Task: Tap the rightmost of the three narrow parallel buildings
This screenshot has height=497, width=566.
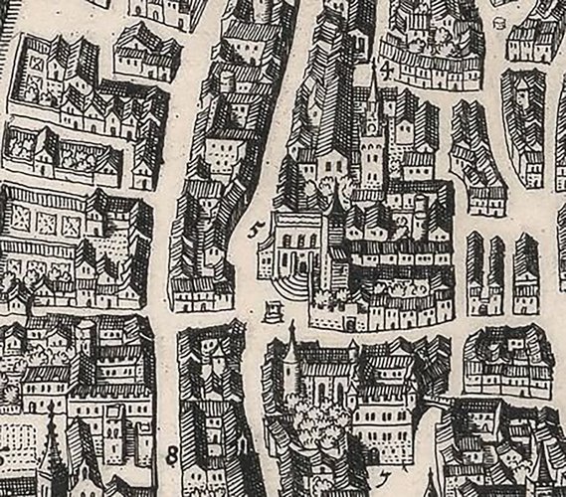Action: point(525,273)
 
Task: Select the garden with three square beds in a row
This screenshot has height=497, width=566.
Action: point(45,221)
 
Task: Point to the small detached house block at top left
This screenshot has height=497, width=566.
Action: point(147,52)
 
